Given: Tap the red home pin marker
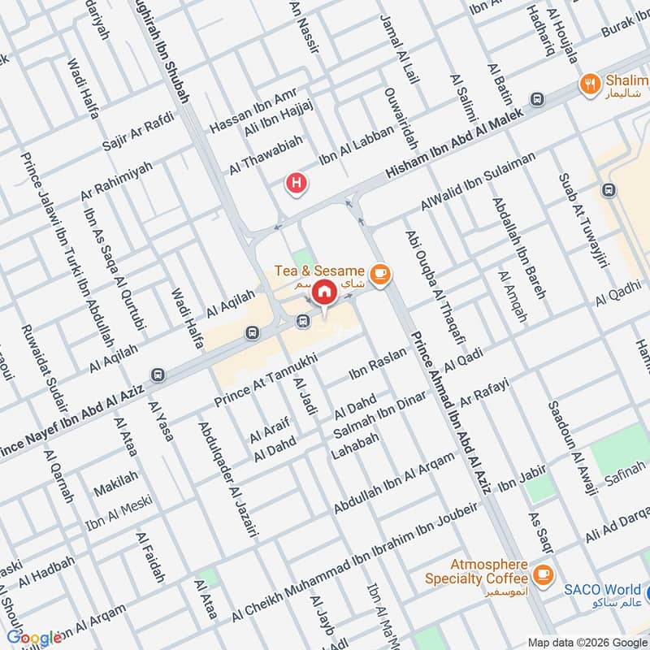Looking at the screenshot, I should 324,292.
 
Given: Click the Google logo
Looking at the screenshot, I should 34,638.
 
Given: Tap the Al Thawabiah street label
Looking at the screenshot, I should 266,155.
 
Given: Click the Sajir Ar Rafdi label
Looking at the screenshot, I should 139,135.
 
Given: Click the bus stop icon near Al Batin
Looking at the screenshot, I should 536,99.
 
